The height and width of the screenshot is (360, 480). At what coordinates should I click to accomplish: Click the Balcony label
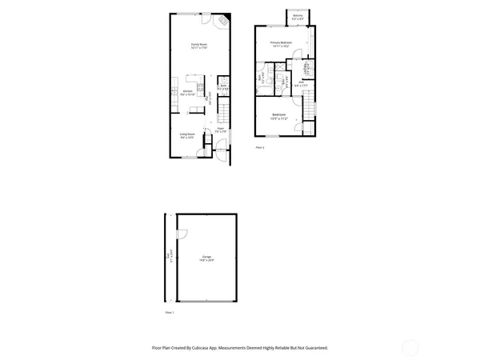298,16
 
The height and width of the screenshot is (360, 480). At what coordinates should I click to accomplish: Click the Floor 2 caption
259,148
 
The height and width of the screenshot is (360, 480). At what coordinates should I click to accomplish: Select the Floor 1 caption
169,311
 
